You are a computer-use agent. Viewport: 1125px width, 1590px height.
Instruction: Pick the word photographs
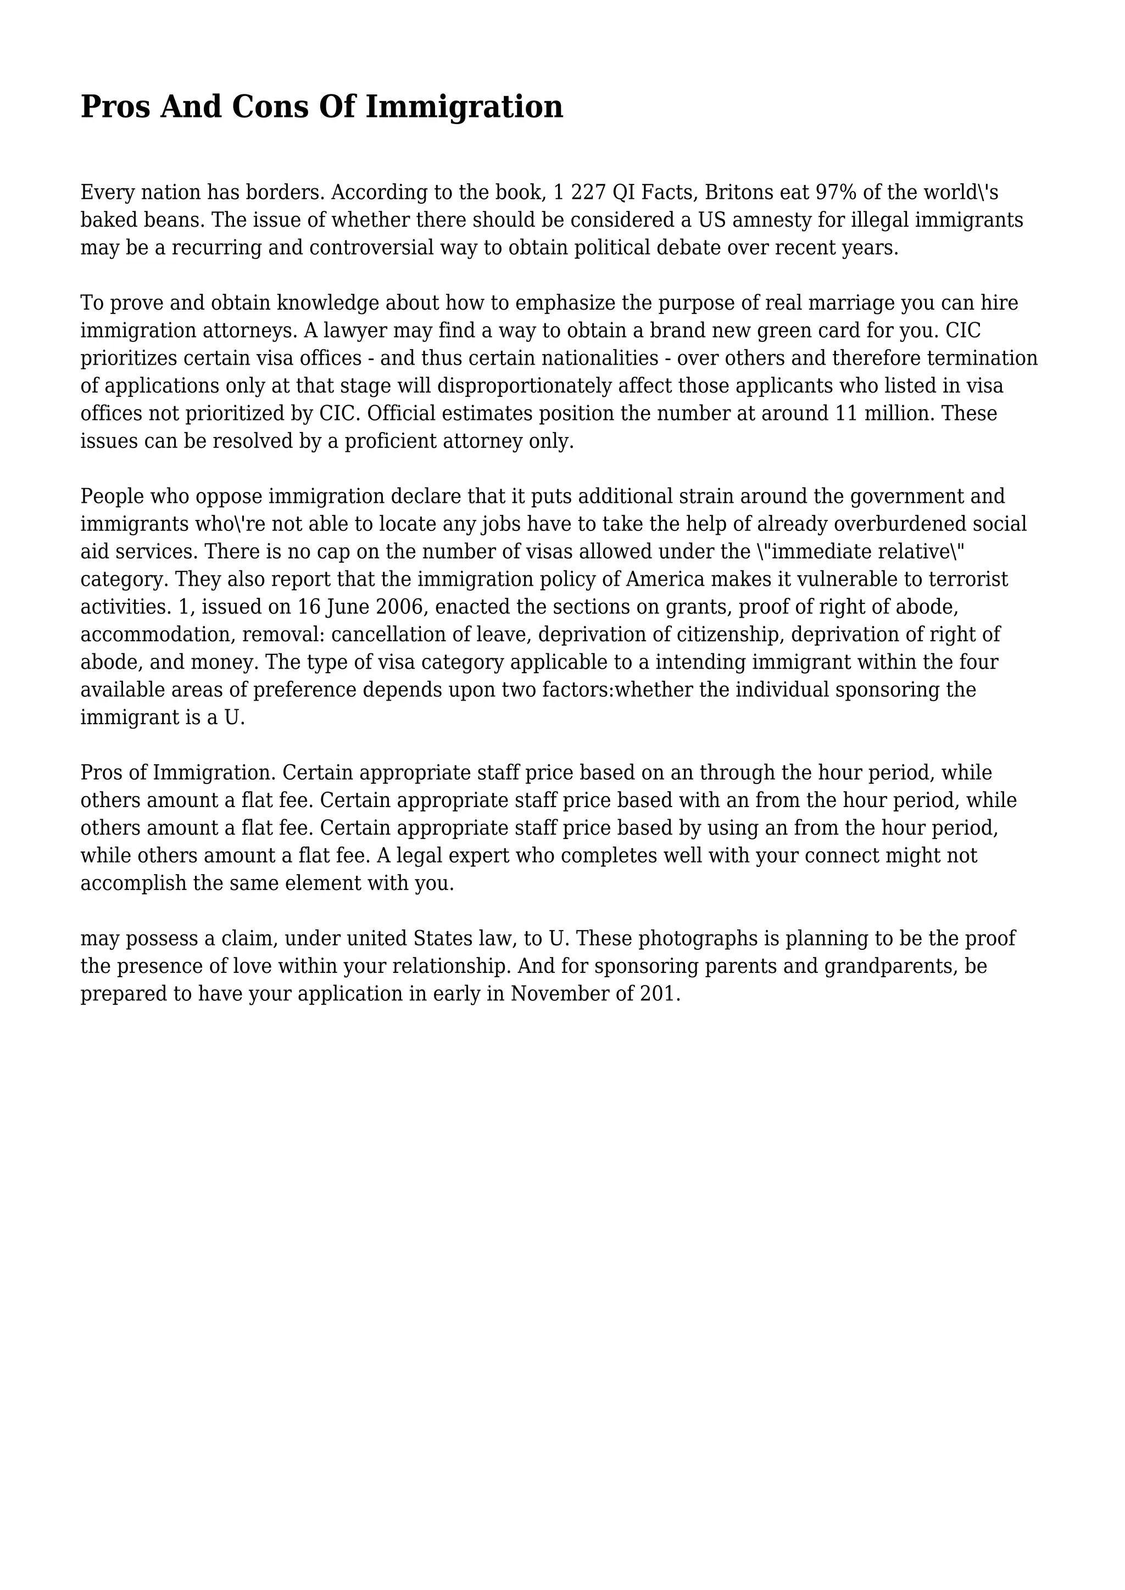click(x=695, y=938)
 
